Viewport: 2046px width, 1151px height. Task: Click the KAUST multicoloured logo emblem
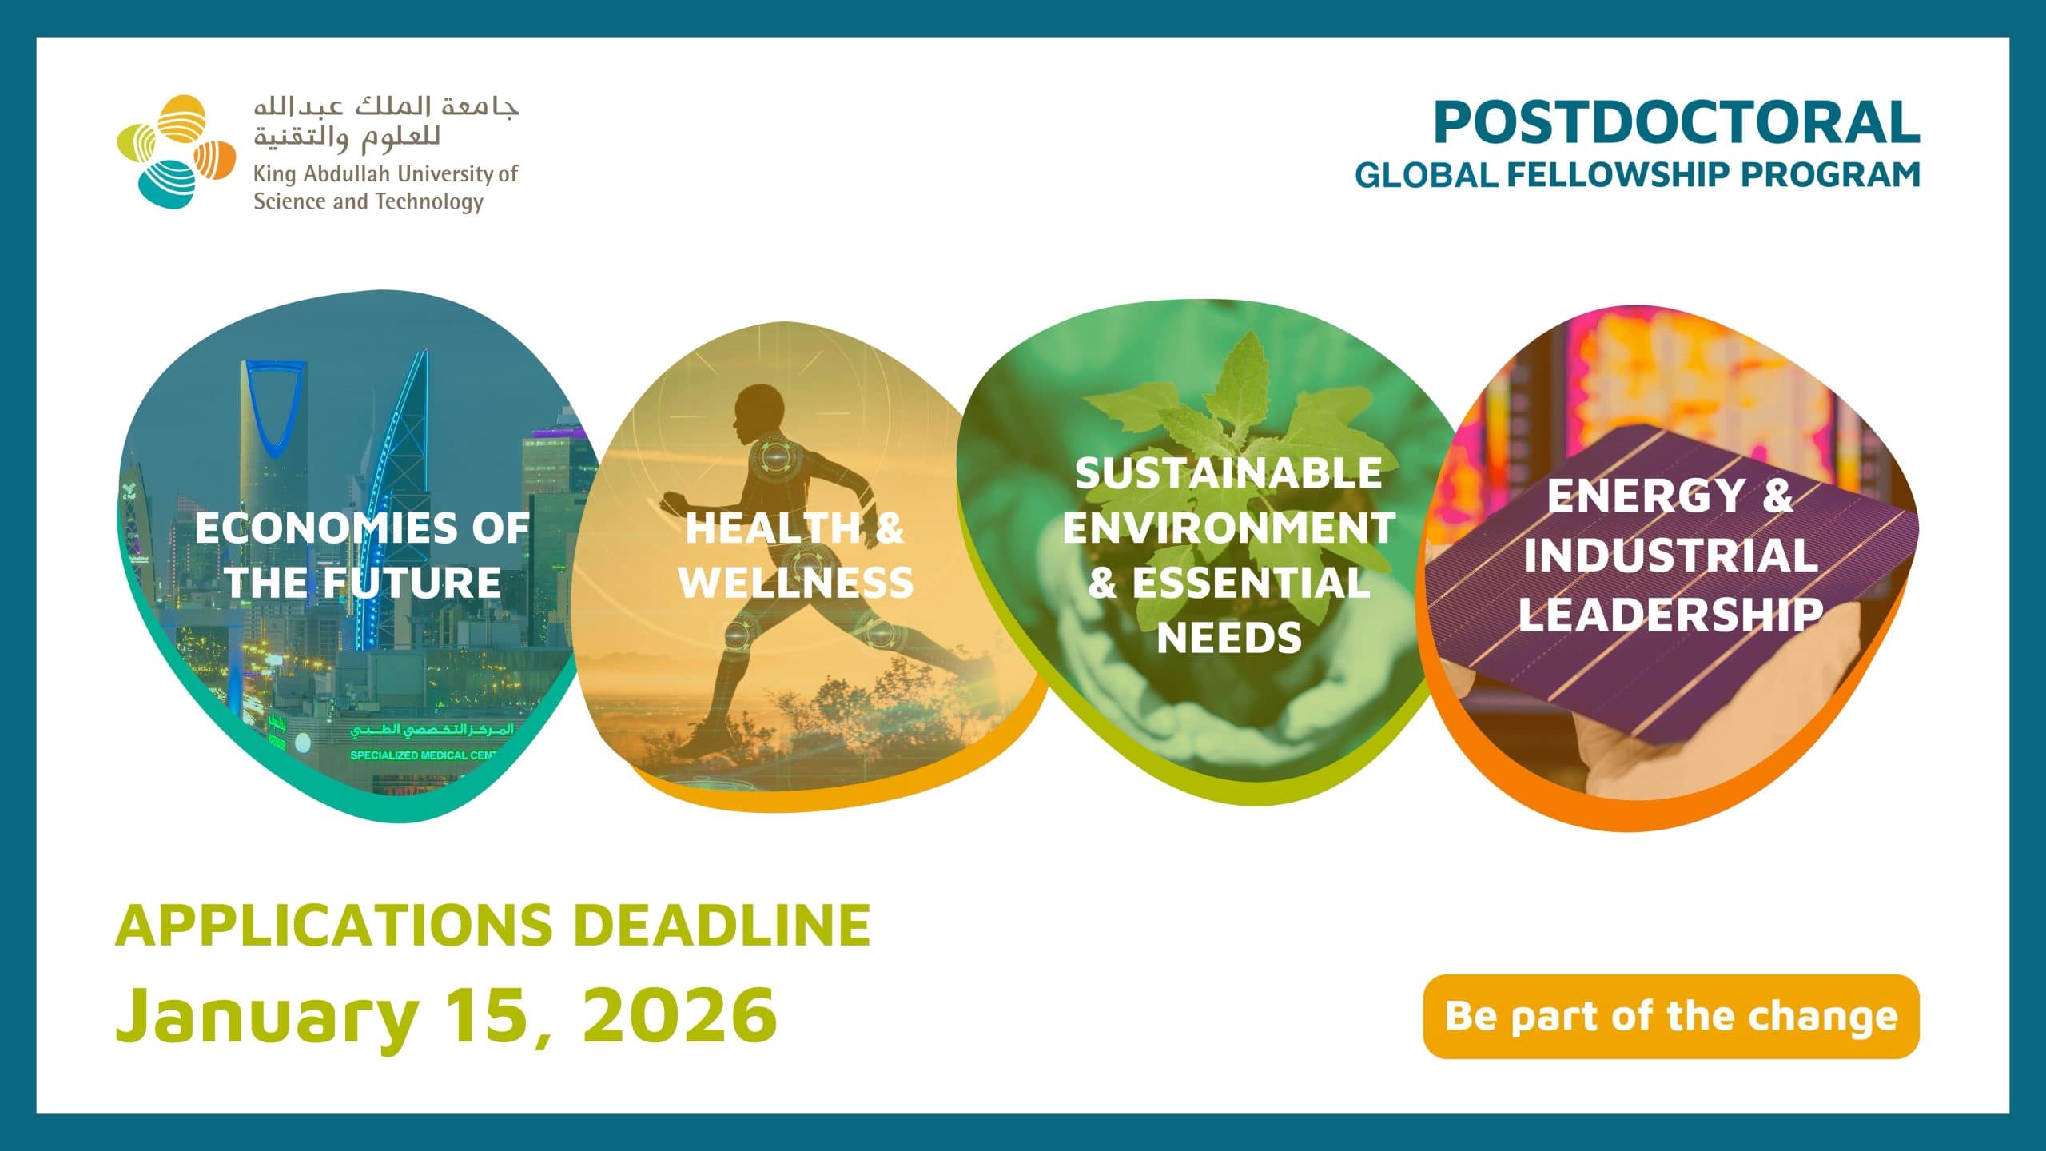(177, 152)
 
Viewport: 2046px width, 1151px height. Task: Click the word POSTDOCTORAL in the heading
(1677, 122)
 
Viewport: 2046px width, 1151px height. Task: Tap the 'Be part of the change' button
(1671, 1016)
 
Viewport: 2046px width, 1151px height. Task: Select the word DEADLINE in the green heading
(722, 925)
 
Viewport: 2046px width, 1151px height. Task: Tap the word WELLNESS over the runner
(796, 582)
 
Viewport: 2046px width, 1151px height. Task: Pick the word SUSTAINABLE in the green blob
(1228, 473)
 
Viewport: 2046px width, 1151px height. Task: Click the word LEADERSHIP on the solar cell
(1670, 615)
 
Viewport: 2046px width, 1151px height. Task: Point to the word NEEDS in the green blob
(1229, 638)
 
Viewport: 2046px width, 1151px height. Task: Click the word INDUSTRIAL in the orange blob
(1670, 556)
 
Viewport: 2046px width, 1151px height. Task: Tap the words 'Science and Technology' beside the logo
(368, 201)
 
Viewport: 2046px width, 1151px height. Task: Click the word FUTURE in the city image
(412, 582)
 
